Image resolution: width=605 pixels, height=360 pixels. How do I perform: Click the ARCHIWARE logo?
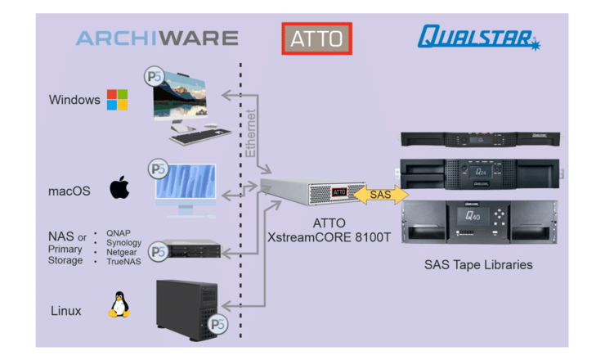157,38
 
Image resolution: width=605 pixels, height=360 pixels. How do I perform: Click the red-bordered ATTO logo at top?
316,38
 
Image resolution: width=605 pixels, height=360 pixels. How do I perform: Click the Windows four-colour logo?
118,100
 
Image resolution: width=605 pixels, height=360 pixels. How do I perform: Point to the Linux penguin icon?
119,304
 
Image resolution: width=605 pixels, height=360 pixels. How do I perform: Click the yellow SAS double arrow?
380,194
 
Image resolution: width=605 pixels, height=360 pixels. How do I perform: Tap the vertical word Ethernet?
251,133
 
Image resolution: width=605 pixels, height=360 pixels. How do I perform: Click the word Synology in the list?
123,242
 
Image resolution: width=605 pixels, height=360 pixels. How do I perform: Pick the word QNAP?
118,232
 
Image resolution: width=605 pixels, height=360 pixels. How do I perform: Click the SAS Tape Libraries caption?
477,265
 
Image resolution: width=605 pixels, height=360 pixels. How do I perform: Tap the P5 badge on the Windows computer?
154,78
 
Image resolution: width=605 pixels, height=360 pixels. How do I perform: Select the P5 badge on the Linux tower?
217,325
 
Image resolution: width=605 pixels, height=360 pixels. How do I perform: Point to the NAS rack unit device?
191,249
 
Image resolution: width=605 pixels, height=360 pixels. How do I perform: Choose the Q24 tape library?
479,173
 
